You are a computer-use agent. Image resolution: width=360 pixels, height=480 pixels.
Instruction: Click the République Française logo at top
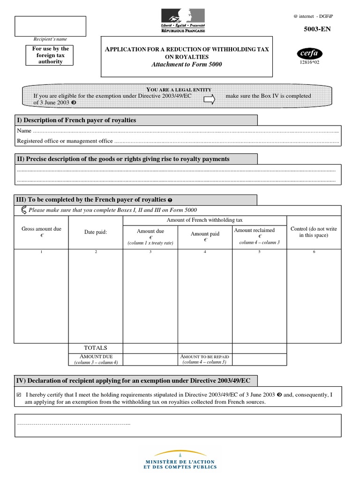coord(183,21)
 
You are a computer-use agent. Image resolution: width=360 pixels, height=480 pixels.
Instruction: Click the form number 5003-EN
coord(318,29)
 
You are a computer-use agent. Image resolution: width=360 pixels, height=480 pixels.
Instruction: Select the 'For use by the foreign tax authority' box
coord(51,55)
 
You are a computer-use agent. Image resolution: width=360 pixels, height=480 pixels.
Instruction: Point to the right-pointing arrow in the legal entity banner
coord(209,99)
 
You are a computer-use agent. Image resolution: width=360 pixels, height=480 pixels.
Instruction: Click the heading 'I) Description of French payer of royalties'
coord(76,120)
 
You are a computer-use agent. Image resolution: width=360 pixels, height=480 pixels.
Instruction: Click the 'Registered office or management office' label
coord(65,141)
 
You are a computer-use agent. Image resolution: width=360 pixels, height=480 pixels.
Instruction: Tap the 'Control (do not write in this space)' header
coord(314,232)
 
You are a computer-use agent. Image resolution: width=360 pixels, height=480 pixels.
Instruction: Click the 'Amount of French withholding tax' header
coord(204,220)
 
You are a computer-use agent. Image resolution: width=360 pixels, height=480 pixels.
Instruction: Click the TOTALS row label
coord(96,348)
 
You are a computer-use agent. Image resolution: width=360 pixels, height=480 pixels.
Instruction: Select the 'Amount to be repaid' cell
coord(205,359)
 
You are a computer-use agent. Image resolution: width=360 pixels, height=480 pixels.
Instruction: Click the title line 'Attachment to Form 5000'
coord(187,64)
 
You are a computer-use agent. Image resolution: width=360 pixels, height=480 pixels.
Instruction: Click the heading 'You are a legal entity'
coord(179,90)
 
